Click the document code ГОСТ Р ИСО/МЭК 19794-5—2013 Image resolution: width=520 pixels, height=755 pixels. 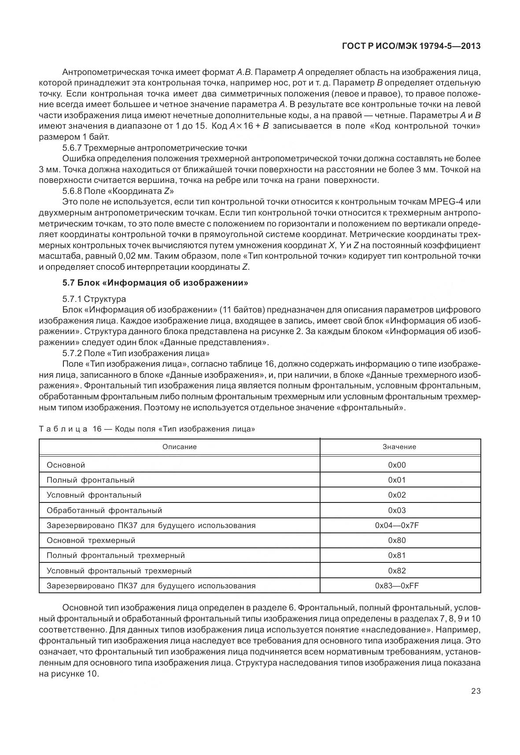[411, 46]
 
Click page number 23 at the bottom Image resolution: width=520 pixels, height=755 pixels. [476, 691]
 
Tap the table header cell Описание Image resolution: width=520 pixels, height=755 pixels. [179, 446]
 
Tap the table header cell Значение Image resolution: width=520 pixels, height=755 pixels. [399, 446]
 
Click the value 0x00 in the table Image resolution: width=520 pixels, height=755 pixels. [397, 465]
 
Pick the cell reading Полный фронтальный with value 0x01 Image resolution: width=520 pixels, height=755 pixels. [90, 480]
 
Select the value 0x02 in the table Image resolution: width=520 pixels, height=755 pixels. [397, 495]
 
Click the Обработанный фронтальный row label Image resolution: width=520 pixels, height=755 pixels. [104, 510]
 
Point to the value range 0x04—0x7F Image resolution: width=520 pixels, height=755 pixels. [400, 525]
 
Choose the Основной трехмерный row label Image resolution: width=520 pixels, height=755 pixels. [91, 540]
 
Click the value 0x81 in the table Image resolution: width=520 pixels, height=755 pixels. [397, 555]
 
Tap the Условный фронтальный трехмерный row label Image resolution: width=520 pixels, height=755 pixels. [119, 571]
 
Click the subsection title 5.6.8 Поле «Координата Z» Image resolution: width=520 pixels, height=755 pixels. [118, 191]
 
